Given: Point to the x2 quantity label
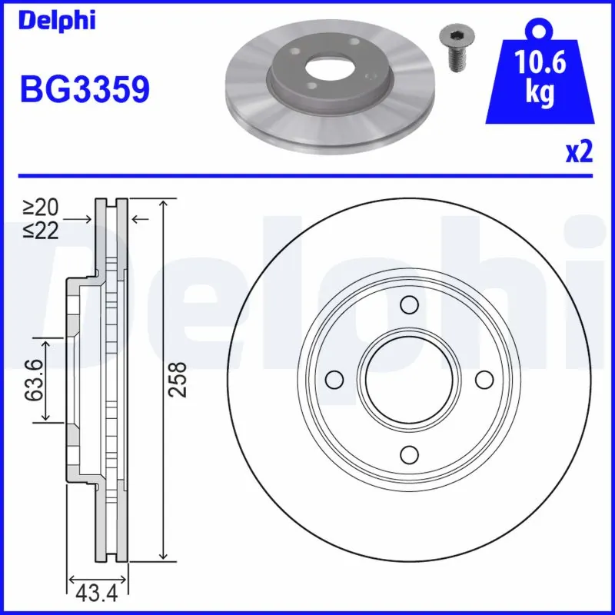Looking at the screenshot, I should (579, 152).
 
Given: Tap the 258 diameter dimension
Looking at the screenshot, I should (177, 379).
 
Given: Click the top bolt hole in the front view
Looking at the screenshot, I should (410, 306).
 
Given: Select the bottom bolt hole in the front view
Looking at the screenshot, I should (410, 453).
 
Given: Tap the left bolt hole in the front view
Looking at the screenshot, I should (335, 379).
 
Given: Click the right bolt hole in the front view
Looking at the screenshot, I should (484, 379).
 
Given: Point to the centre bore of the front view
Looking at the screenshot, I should (409, 379).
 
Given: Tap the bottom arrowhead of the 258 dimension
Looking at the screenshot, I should (162, 555).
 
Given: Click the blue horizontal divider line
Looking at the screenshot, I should (307, 176).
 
